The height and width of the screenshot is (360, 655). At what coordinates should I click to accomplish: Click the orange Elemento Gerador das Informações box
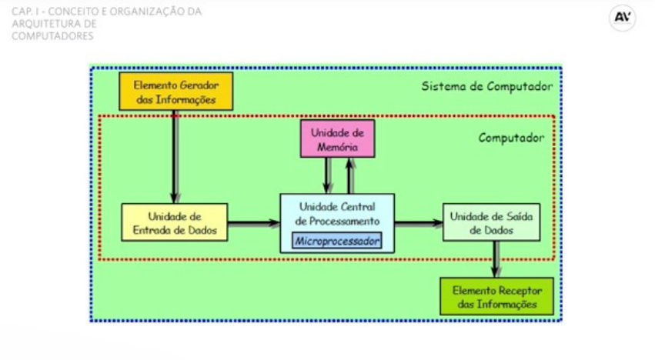(x=175, y=92)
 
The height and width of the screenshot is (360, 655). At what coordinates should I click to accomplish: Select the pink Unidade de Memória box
(x=337, y=139)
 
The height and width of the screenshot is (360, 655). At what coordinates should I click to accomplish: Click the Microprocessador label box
(x=337, y=241)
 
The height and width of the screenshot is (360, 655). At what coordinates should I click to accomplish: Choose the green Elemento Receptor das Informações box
(x=497, y=296)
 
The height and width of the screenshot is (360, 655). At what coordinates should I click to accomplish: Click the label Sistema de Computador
(x=487, y=85)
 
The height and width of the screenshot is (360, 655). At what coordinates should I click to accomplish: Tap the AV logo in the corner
(x=622, y=18)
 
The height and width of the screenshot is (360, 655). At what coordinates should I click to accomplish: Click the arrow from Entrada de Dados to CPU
(x=254, y=223)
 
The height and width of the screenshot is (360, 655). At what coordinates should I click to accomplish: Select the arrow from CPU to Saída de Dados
(x=419, y=223)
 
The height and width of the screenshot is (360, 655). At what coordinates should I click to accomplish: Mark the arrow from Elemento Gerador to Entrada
(x=176, y=158)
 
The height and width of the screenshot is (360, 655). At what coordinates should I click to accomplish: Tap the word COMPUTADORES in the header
(x=53, y=35)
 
